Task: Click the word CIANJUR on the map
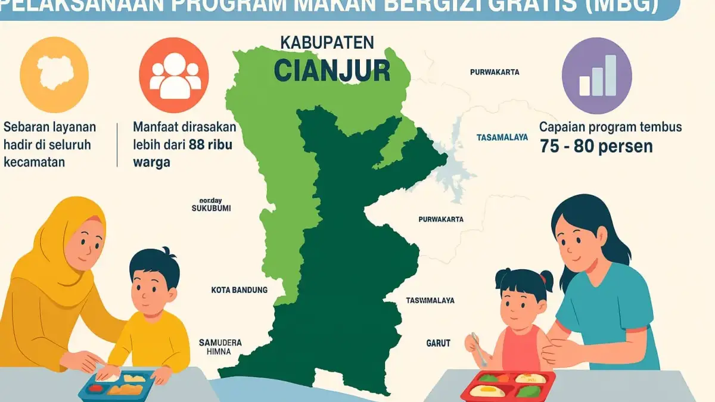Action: [332, 71]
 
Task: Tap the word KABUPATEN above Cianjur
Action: [327, 43]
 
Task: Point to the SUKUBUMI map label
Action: [211, 208]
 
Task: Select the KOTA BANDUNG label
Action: [240, 290]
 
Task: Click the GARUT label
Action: [438, 344]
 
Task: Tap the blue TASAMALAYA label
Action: [502, 137]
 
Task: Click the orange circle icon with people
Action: [174, 75]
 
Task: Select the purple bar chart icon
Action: [597, 75]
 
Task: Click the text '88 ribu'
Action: [211, 144]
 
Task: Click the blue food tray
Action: [119, 384]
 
